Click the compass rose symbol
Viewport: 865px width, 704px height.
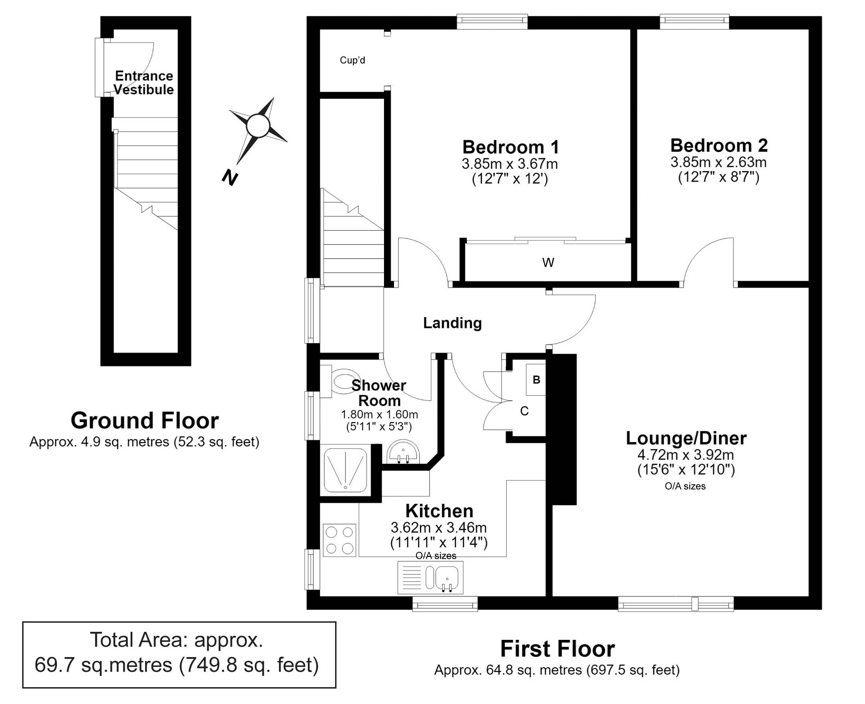pyautogui.click(x=258, y=126)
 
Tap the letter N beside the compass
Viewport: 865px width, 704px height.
pyautogui.click(x=229, y=177)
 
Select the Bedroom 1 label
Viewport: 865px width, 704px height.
pyautogui.click(x=511, y=147)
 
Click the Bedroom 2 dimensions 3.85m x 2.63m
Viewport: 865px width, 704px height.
pyautogui.click(x=718, y=162)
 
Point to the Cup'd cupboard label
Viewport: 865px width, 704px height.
pyautogui.click(x=352, y=61)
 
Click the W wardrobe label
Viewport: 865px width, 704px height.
pyautogui.click(x=548, y=262)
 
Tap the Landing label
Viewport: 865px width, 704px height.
pyautogui.click(x=453, y=323)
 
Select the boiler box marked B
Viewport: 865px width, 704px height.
pyautogui.click(x=536, y=380)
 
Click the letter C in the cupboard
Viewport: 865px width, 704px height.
pyautogui.click(x=525, y=411)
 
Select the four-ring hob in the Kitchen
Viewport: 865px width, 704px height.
pyautogui.click(x=339, y=540)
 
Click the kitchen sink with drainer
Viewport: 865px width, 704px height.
pyautogui.click(x=430, y=577)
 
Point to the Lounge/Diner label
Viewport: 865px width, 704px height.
pyautogui.click(x=686, y=438)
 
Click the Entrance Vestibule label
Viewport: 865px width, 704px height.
pyautogui.click(x=144, y=83)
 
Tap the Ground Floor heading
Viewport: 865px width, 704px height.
pyautogui.click(x=145, y=421)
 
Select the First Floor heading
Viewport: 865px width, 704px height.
pyautogui.click(x=557, y=649)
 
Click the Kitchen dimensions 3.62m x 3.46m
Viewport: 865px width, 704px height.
pyautogui.click(x=439, y=528)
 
